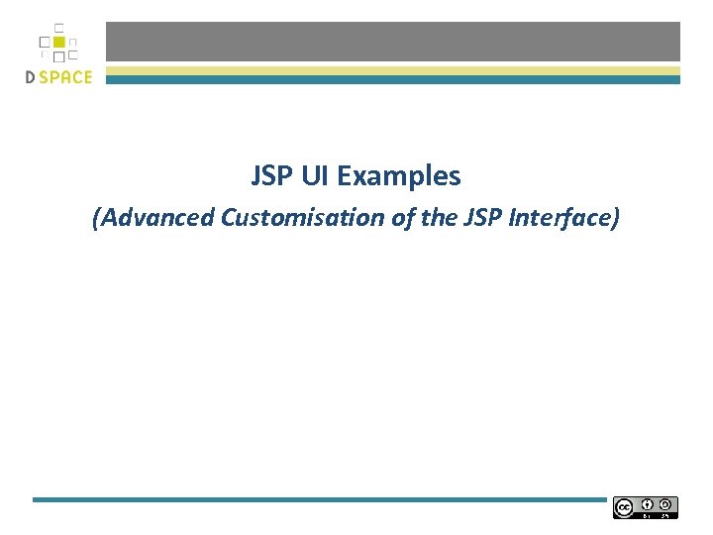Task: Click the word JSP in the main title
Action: click(x=271, y=176)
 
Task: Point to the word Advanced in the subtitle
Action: click(x=156, y=217)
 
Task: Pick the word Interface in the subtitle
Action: click(x=562, y=217)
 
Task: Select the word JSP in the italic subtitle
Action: click(x=483, y=217)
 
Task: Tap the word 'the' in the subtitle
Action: click(x=439, y=217)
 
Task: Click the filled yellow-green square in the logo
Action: click(x=58, y=43)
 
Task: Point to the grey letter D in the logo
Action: click(x=32, y=77)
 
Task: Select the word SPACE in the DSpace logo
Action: click(x=67, y=77)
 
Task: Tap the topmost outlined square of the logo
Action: click(x=58, y=28)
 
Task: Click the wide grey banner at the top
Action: click(x=393, y=42)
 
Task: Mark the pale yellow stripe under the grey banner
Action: click(x=393, y=70)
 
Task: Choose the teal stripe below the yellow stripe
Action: click(x=393, y=80)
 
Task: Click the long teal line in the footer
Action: click(x=318, y=499)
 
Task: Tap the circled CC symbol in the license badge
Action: click(x=624, y=507)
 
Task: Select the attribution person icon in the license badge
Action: click(x=647, y=503)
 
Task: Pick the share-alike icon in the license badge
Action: click(x=667, y=503)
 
